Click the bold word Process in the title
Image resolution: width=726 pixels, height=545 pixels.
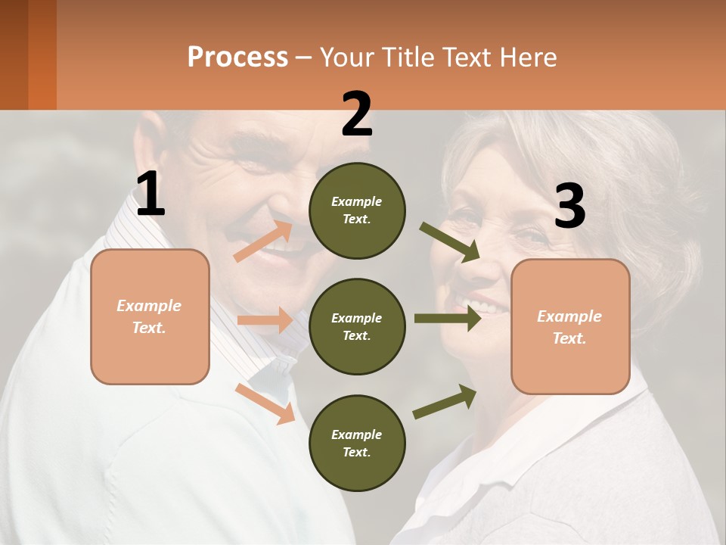[237, 58]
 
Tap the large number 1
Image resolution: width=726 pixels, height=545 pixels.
[150, 195]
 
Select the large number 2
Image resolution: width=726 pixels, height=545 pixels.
[357, 114]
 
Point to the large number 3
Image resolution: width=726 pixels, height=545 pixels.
[569, 207]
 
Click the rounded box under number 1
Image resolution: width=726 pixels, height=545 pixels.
[150, 316]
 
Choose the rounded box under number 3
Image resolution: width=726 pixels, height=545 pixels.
[570, 327]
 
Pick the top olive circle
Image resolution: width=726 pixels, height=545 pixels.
[357, 210]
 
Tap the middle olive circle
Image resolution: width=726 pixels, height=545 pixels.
[357, 326]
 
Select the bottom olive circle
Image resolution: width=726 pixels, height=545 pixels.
[357, 443]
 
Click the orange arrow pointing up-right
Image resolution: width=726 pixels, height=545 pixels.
[263, 241]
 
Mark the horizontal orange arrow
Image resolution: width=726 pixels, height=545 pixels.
[265, 320]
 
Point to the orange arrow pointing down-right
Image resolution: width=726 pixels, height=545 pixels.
[265, 403]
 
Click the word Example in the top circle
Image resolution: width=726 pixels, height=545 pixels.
[357, 202]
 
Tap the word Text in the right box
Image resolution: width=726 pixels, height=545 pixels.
[569, 338]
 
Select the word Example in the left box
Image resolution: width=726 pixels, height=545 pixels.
[149, 306]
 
